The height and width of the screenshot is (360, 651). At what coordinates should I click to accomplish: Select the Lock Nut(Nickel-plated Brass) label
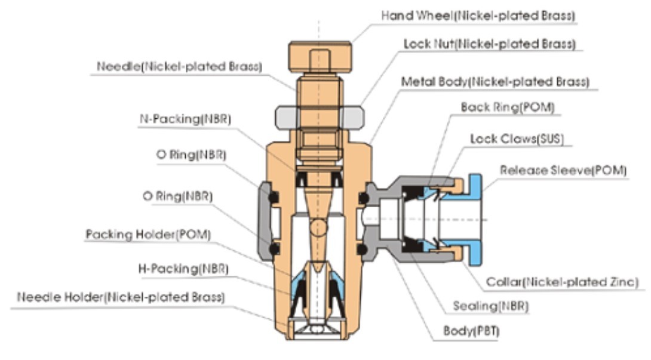point(489,44)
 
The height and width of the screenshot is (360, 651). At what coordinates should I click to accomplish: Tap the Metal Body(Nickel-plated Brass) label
point(495,82)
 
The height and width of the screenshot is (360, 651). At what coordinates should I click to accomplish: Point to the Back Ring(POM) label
point(508,107)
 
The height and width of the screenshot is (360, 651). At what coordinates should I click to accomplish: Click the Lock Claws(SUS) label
point(517,139)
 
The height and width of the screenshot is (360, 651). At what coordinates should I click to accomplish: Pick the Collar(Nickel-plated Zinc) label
point(561,282)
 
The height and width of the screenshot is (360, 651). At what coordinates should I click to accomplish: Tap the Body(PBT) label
point(471,330)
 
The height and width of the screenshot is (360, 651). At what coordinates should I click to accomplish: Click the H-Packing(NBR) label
point(179,269)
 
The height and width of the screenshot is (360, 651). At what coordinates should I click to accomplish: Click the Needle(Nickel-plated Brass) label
point(179,67)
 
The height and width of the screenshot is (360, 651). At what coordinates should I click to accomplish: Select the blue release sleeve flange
point(475,220)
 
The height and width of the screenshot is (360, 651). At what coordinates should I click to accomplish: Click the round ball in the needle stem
point(318,227)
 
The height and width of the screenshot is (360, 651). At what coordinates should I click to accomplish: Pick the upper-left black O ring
point(273,197)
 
